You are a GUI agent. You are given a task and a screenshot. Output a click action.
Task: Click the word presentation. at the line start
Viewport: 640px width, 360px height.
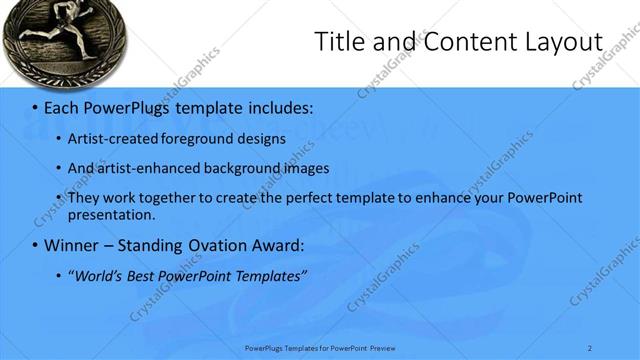(x=111, y=214)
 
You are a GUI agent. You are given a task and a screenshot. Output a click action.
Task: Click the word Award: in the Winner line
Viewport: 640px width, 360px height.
(x=277, y=245)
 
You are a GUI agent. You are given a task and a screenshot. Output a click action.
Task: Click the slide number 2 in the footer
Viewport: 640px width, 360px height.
(x=590, y=347)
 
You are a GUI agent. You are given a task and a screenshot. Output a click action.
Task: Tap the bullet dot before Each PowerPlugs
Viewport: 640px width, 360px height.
(x=35, y=107)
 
